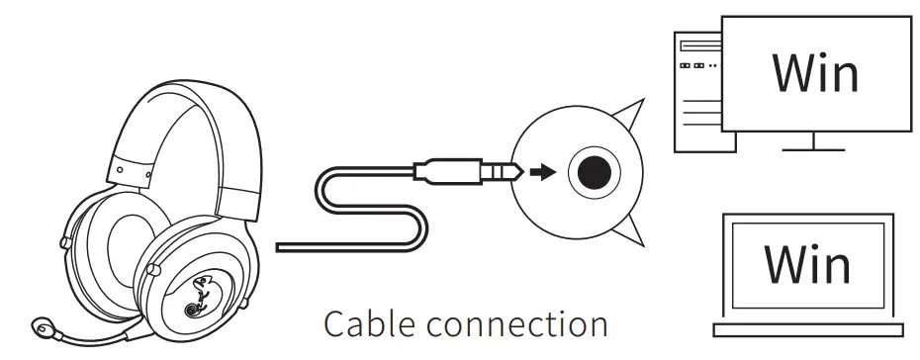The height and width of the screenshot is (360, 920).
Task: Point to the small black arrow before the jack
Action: click(540, 172)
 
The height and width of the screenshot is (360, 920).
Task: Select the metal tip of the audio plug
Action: click(505, 172)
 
